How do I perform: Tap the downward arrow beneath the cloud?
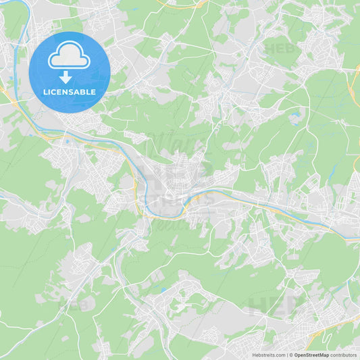[66, 76]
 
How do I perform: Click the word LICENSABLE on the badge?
[69, 92]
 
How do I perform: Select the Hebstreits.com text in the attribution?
[269, 355]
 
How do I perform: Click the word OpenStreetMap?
[311, 355]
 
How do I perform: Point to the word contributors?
[344, 355]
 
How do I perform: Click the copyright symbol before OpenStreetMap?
[292, 355]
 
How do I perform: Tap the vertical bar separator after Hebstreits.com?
[287, 355]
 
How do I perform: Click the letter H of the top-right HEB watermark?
[269, 49]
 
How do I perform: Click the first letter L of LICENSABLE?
[45, 92]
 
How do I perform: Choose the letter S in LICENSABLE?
[72, 92]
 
